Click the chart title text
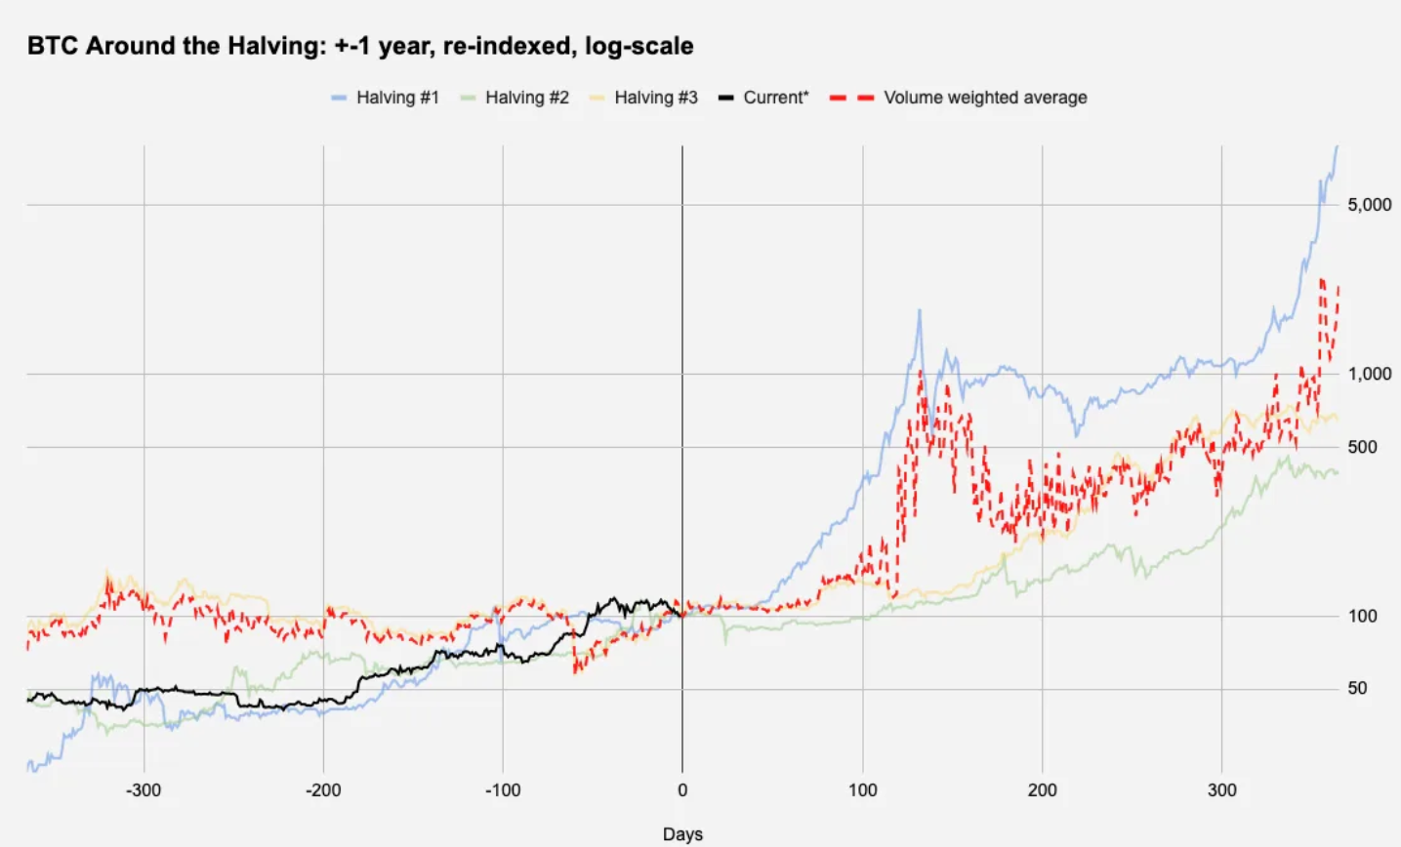pos(360,46)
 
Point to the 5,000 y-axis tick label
pos(1370,205)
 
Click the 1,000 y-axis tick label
pos(1370,374)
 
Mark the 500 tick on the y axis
pos(1363,447)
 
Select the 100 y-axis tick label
pos(1363,616)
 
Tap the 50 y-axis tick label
pos(1358,688)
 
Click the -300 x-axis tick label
pos(144,790)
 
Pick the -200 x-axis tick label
pos(323,790)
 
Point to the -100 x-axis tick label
pos(503,790)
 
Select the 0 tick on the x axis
pos(682,790)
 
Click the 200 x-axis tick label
pos(1042,790)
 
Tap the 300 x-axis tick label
pos(1221,790)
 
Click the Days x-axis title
pos(682,834)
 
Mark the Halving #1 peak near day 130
pos(919,311)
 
